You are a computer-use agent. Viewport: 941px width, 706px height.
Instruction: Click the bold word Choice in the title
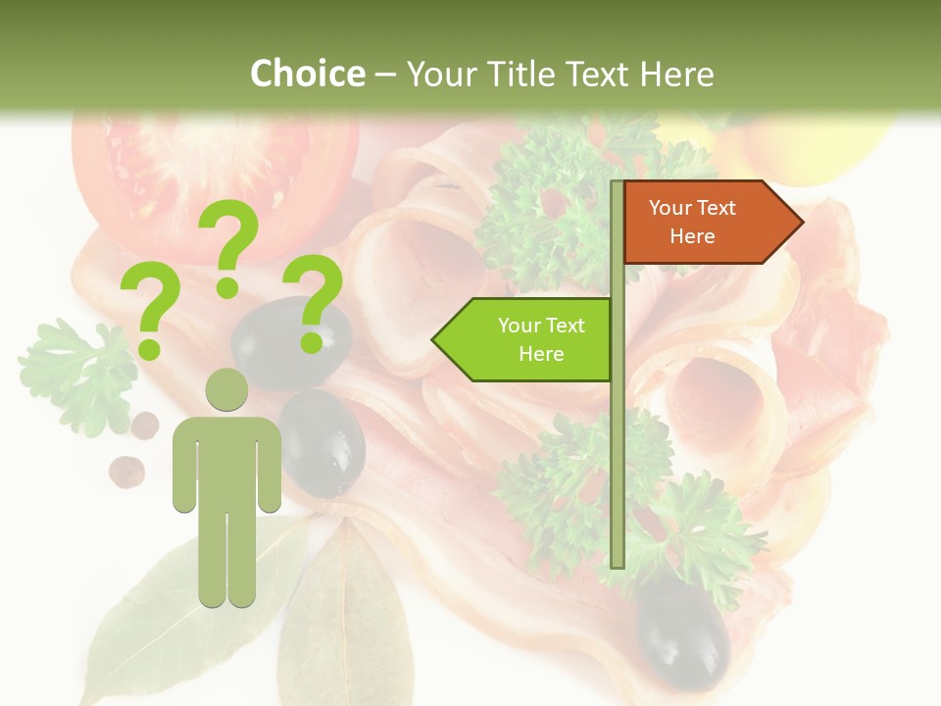click(307, 74)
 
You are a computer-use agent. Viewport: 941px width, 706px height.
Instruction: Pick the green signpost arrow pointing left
click(523, 339)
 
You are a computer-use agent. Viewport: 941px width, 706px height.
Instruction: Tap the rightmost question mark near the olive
click(317, 302)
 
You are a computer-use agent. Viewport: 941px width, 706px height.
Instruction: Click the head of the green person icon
click(226, 390)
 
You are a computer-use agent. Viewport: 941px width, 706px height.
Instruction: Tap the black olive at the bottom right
click(683, 632)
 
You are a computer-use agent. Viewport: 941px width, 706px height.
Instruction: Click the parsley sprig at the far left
click(74, 373)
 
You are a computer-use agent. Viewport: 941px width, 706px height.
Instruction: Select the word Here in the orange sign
click(692, 236)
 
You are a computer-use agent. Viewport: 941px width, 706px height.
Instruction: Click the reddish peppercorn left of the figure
click(125, 471)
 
